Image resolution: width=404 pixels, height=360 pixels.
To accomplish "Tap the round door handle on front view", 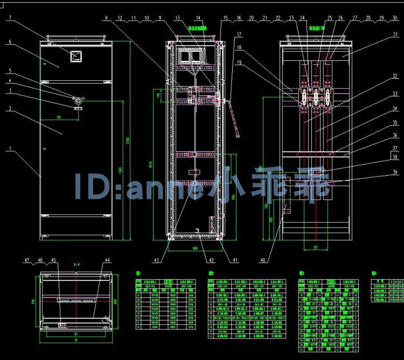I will click(x=79, y=100).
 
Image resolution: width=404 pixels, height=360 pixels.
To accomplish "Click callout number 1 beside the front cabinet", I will click(x=9, y=149).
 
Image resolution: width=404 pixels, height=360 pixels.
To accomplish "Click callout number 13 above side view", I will click(x=177, y=18).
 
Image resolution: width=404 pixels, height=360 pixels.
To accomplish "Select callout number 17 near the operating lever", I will click(x=238, y=34).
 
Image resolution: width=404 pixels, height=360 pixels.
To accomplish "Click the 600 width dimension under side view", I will click(x=196, y=248).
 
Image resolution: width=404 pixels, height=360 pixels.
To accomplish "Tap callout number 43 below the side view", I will click(x=157, y=260).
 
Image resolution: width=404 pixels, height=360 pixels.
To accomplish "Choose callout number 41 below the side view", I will click(x=235, y=260).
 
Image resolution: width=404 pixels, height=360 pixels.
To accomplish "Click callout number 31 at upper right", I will click(x=395, y=35).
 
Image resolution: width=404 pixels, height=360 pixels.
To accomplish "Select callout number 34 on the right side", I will click(x=395, y=109).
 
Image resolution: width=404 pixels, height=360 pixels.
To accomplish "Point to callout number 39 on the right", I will click(x=395, y=172).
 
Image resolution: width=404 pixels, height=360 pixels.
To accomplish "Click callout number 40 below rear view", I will click(x=263, y=261).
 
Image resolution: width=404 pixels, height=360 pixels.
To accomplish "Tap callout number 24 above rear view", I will click(x=302, y=18).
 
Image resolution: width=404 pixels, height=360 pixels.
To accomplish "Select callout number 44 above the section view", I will click(x=107, y=260).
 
